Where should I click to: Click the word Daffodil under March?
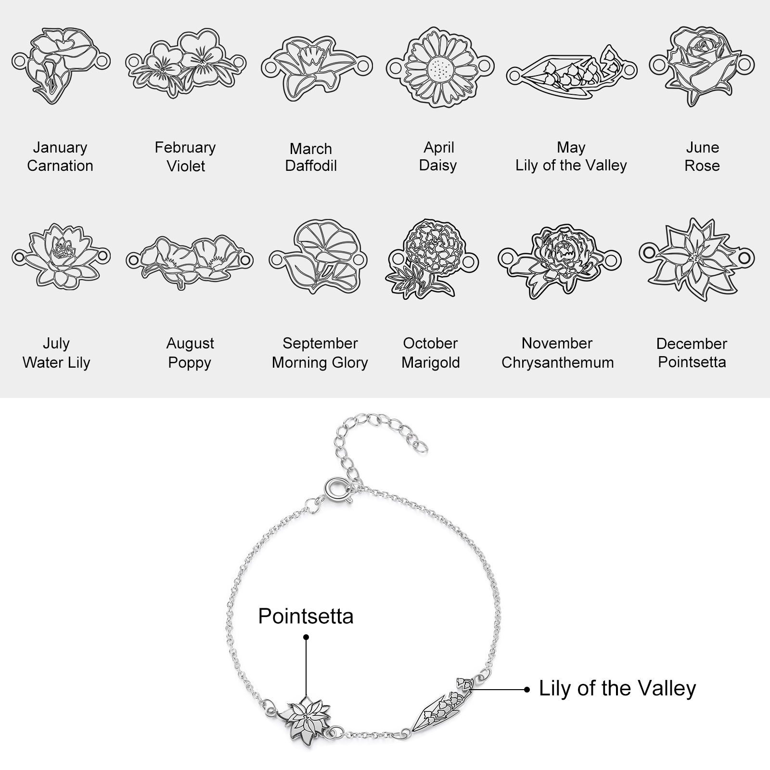[x=311, y=166]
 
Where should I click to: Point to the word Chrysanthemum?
[x=558, y=362]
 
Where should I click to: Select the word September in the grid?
[x=320, y=344]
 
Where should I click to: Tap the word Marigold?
[x=431, y=362]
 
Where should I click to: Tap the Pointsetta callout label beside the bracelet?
[x=306, y=616]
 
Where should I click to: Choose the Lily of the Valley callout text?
[x=617, y=689]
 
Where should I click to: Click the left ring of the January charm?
[x=19, y=62]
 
